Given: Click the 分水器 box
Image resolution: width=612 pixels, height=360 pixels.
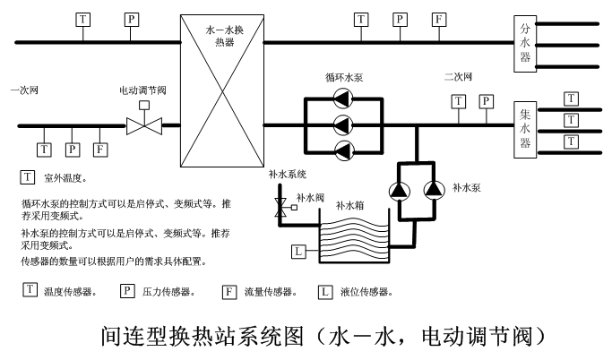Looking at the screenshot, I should (526, 42).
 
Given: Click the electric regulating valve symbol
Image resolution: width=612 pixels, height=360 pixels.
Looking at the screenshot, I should (142, 125).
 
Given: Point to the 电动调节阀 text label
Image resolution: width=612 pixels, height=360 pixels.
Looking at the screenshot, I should (142, 90).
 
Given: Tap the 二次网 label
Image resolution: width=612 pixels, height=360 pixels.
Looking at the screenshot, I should (457, 77).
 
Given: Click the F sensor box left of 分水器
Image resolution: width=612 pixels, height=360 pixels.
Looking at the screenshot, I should (439, 19).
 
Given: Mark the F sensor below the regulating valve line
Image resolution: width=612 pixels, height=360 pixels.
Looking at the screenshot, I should (99, 149).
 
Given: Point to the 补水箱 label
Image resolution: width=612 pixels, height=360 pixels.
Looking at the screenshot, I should (349, 205).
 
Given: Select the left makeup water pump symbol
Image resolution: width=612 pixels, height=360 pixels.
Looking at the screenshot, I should (397, 189).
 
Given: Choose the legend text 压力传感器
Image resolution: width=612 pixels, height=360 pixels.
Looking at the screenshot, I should (168, 292).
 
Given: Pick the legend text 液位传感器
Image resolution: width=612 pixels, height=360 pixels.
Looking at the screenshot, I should (366, 292).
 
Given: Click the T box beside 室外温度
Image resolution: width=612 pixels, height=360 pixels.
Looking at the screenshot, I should (27, 178).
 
